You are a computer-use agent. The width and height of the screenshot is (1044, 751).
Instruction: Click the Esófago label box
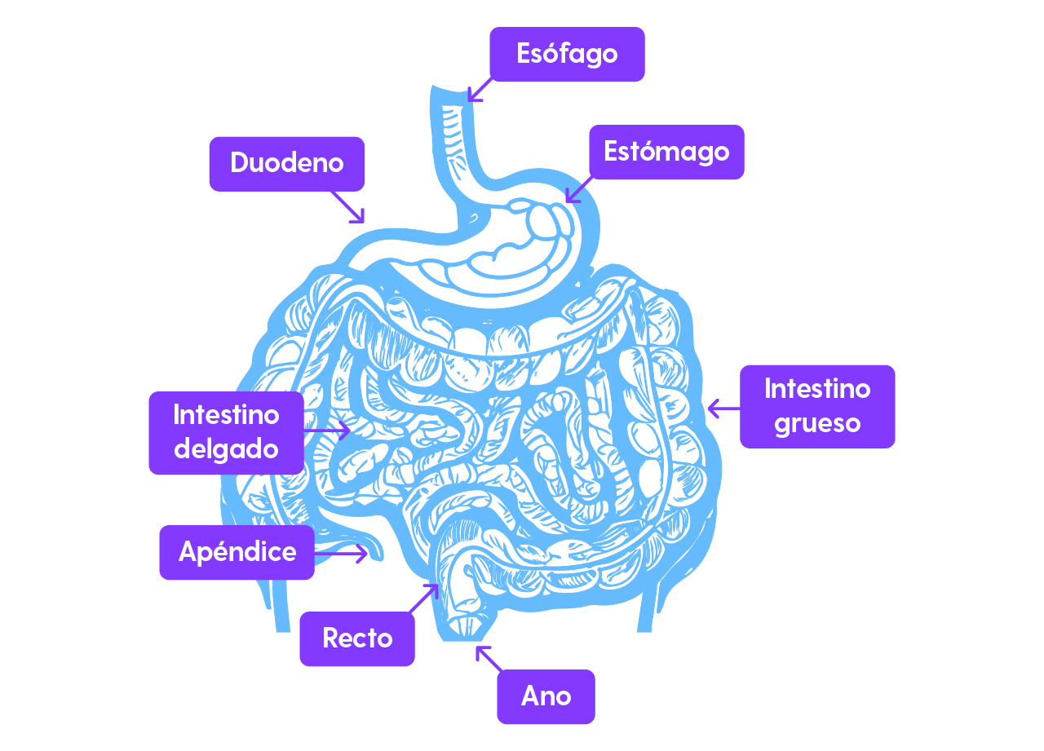tap(567, 54)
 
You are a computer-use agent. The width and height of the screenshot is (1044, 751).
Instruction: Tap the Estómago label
tap(666, 152)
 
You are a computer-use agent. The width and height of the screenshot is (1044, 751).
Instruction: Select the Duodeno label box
tap(286, 163)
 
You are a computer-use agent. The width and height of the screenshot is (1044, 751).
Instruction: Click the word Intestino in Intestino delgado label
tap(226, 415)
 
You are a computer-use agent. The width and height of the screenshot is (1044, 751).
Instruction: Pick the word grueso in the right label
tap(817, 423)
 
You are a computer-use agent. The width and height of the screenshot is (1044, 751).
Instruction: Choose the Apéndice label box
tap(237, 552)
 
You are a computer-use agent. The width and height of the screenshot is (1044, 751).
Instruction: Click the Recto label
tap(357, 638)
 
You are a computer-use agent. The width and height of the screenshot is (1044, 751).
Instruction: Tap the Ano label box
tap(546, 696)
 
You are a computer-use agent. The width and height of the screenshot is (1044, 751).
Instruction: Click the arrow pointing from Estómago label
tap(577, 189)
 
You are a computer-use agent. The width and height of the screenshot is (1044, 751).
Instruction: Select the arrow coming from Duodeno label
tap(348, 207)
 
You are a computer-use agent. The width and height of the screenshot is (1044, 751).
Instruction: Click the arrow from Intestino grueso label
tap(723, 409)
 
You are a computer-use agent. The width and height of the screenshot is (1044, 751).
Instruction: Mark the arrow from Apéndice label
tap(343, 554)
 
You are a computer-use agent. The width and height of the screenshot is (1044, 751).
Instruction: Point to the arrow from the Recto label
tap(424, 599)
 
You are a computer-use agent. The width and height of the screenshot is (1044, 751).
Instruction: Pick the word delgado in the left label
tap(226, 449)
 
